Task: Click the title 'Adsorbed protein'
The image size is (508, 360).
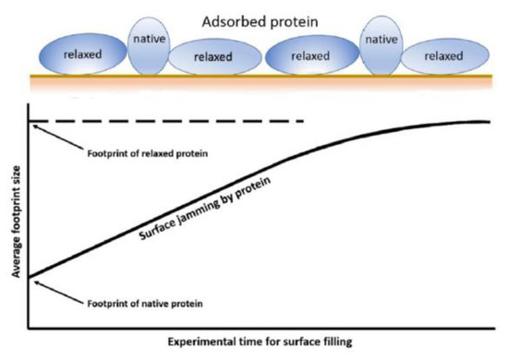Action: pyautogui.click(x=260, y=22)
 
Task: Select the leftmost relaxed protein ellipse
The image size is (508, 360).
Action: pyautogui.click(x=82, y=54)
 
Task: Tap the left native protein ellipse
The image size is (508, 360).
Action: pyautogui.click(x=149, y=46)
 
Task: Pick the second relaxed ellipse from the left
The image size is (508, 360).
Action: pyautogui.click(x=214, y=56)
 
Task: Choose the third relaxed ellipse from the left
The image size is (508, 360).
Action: pyautogui.click(x=312, y=55)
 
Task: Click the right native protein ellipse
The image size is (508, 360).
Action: pyautogui.click(x=381, y=45)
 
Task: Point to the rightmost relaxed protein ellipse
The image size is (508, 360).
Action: pyautogui.click(x=445, y=56)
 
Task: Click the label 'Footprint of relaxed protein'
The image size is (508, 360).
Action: pyautogui.click(x=148, y=153)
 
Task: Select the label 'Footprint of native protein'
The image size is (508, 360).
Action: pyautogui.click(x=145, y=304)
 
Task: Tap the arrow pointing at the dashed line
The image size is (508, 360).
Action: pyautogui.click(x=58, y=138)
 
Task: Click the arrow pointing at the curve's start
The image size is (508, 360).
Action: pyautogui.click(x=58, y=292)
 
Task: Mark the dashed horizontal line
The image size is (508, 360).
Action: pyautogui.click(x=166, y=122)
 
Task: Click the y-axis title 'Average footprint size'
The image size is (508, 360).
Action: pyautogui.click(x=16, y=222)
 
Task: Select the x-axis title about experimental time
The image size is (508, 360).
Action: pyautogui.click(x=260, y=342)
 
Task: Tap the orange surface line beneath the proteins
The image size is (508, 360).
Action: pyautogui.click(x=261, y=77)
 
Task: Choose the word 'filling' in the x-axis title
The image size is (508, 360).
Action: pyautogui.click(x=338, y=342)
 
